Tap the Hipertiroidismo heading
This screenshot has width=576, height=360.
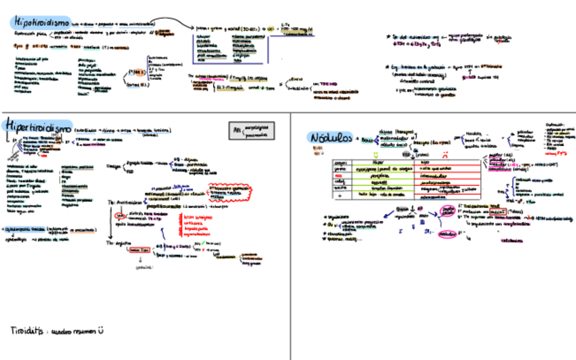point(38,126)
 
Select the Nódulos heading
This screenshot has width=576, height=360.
point(330,137)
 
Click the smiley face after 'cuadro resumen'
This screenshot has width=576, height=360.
point(102,331)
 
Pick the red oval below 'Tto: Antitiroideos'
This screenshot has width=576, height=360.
point(121,217)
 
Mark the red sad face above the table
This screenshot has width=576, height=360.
point(446,154)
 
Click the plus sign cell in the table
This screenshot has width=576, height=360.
point(340,194)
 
